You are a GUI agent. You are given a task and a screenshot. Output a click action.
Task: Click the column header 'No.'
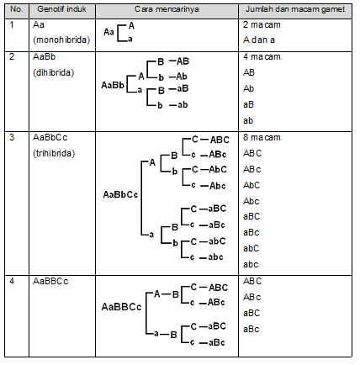point(17,9)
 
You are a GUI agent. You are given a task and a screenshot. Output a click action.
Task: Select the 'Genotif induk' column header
point(61,9)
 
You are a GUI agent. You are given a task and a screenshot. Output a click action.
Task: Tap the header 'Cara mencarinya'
point(167,9)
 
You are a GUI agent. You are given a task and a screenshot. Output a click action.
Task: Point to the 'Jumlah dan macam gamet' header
point(295,9)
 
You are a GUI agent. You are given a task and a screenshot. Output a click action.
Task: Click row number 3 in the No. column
point(12,137)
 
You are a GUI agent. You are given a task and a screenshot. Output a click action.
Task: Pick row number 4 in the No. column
point(12,281)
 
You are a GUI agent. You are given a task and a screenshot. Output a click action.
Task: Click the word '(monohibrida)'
point(61,40)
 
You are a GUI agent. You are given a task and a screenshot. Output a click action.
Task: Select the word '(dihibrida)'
point(54,73)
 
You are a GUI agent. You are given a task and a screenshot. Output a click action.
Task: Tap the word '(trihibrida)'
point(54,154)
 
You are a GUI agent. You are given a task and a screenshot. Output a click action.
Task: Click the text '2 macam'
point(262,25)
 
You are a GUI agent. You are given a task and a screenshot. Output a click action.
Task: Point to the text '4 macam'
point(262,57)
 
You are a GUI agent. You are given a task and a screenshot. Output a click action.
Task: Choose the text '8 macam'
point(262,138)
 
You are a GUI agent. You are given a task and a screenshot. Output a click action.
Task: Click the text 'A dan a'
point(259,40)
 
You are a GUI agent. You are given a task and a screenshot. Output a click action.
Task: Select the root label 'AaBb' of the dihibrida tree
point(113,85)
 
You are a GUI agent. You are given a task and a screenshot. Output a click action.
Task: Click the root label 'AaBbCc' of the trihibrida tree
point(120,194)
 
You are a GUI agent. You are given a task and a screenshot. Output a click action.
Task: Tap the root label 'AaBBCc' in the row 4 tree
point(121,307)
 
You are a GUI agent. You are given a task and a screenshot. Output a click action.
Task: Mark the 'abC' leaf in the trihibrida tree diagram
point(217,241)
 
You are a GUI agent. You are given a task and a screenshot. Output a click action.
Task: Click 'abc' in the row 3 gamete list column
point(251,264)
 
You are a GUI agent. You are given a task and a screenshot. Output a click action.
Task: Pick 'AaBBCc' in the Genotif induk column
point(50,281)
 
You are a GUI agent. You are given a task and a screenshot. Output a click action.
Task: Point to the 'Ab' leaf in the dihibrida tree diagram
point(182,77)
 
